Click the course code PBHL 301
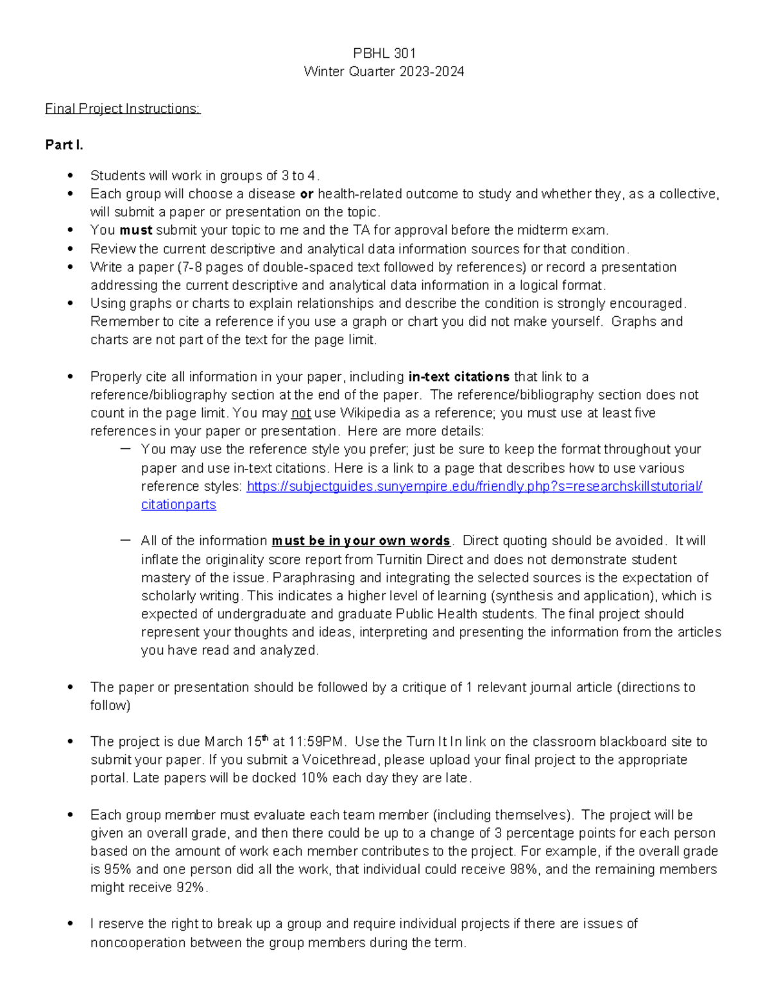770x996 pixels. pos(384,53)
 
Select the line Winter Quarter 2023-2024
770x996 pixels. pos(384,71)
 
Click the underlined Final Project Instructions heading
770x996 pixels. pos(123,108)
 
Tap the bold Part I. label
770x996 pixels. pos(64,145)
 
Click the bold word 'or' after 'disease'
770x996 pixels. pos(306,194)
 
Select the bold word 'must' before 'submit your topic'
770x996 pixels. pos(135,230)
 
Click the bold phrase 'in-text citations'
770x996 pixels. pos(458,376)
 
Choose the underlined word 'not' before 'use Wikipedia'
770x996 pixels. pos(301,413)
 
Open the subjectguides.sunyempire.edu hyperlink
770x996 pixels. pos(474,486)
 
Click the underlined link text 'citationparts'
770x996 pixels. pos(178,505)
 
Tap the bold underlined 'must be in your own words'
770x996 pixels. pos(361,541)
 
